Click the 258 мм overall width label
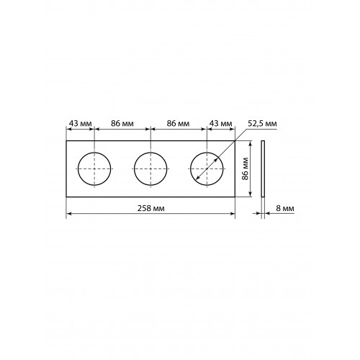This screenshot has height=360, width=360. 151,208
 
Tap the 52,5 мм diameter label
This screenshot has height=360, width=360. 262,124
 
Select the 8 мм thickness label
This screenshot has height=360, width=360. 285,208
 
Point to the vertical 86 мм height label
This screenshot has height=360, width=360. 245,168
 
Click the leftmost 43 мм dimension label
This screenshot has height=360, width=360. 81,124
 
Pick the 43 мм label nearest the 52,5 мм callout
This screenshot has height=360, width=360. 221,124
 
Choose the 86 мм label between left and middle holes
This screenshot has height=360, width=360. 122,124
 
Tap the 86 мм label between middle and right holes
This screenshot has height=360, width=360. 178,124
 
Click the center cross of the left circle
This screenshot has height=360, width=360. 94,169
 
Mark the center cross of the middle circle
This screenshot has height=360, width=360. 150,169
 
